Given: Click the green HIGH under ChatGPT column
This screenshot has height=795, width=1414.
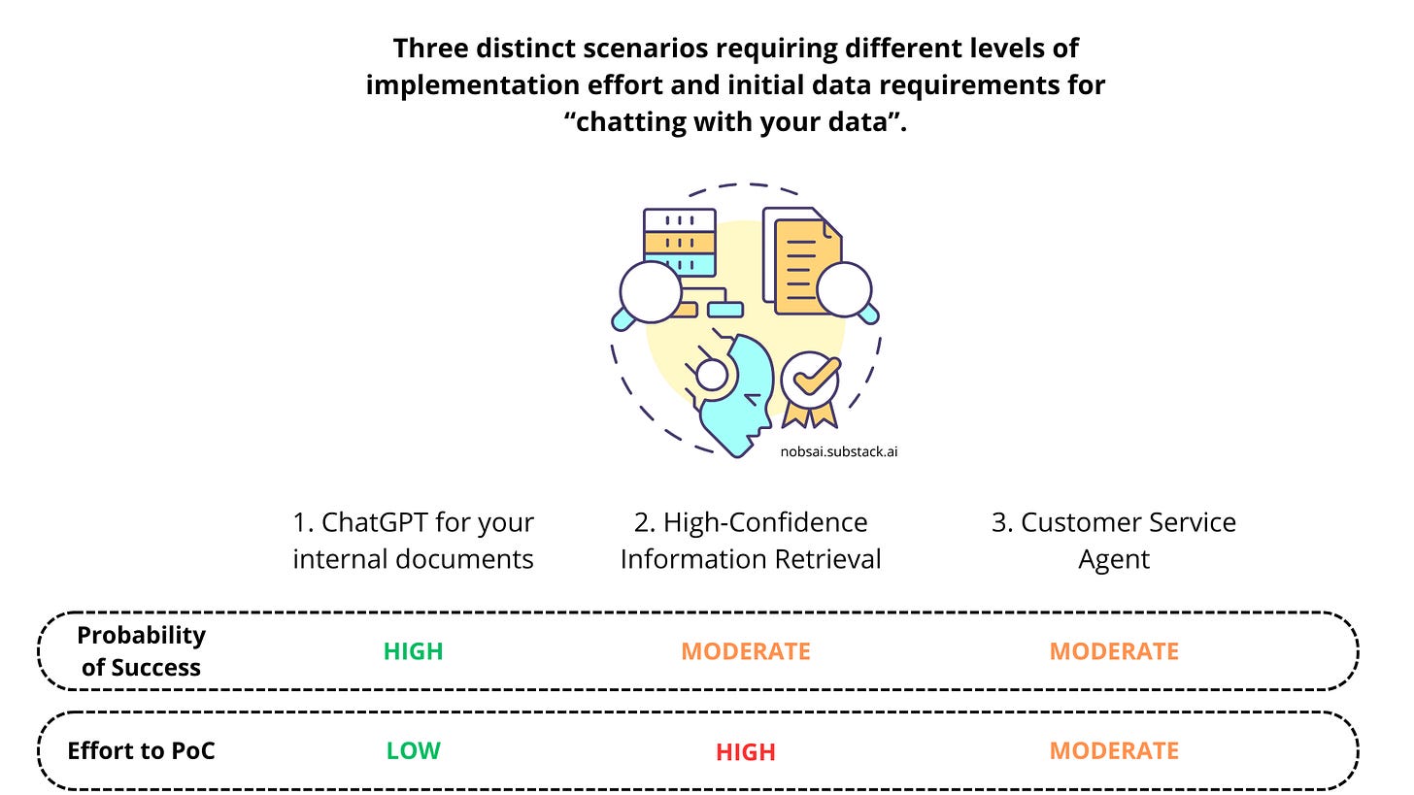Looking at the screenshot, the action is tap(413, 651).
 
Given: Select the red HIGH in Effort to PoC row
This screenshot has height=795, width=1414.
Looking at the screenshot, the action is tap(745, 752).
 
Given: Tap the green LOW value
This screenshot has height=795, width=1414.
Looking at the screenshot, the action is tap(413, 750).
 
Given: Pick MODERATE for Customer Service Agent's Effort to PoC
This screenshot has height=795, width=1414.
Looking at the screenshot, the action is tap(1114, 750).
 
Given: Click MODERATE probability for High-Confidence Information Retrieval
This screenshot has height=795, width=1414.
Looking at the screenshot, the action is tap(745, 651).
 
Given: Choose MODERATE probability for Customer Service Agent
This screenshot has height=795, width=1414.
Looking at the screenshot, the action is tap(1114, 651).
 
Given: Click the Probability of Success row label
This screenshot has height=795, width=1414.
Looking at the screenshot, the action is tap(141, 651).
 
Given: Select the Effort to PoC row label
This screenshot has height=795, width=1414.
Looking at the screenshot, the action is tap(141, 750).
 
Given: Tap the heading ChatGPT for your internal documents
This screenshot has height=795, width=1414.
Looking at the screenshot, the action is tap(413, 541).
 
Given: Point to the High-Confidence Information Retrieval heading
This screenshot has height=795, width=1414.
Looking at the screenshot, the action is tap(751, 541).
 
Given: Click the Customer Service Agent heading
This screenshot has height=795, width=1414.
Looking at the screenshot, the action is tap(1114, 541).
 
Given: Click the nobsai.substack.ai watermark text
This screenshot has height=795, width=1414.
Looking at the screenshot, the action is tap(838, 451).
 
